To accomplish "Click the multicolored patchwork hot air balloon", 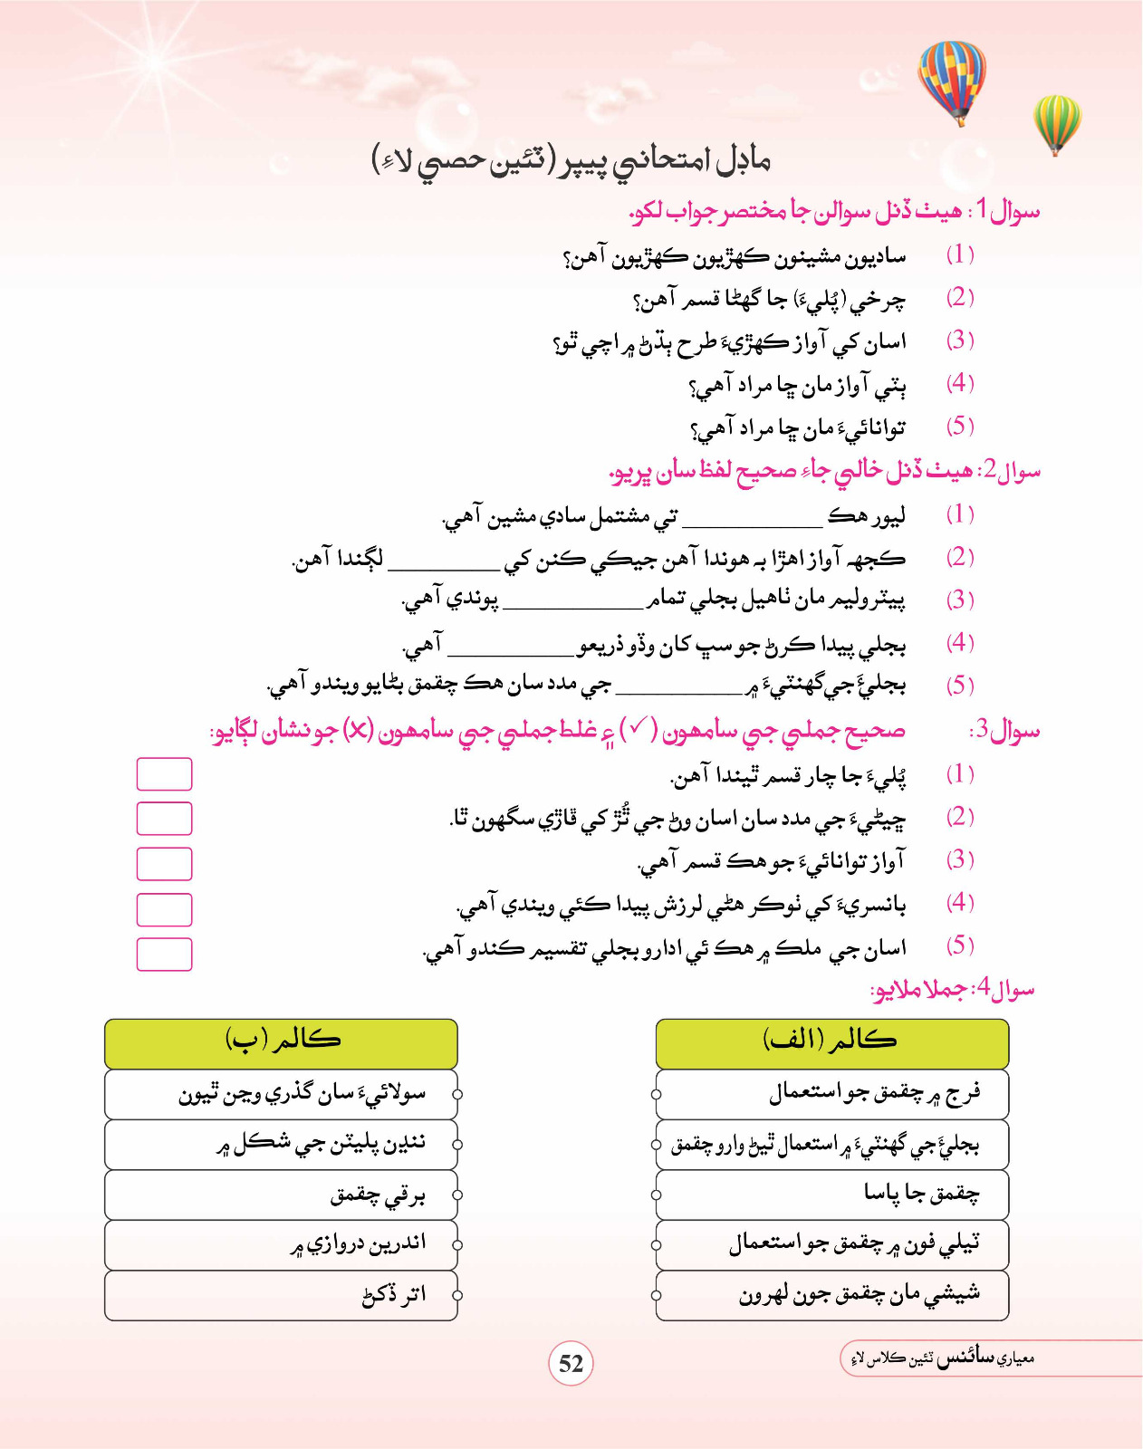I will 951,80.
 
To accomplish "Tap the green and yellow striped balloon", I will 1056,122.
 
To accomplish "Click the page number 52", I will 571,1364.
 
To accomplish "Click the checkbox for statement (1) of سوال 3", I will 164,774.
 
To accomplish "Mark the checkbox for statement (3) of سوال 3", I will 164,864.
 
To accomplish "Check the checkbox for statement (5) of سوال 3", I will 164,955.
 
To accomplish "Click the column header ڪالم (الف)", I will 831,1041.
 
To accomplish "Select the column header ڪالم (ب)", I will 282,1041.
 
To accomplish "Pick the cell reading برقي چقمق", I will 282,1195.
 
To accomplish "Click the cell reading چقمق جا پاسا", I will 831,1194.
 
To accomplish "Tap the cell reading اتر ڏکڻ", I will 282,1295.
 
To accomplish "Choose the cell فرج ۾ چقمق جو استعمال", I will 831,1094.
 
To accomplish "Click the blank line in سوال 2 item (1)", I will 752,524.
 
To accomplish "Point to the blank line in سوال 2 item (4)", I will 512,652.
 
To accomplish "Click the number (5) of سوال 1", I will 959,426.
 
